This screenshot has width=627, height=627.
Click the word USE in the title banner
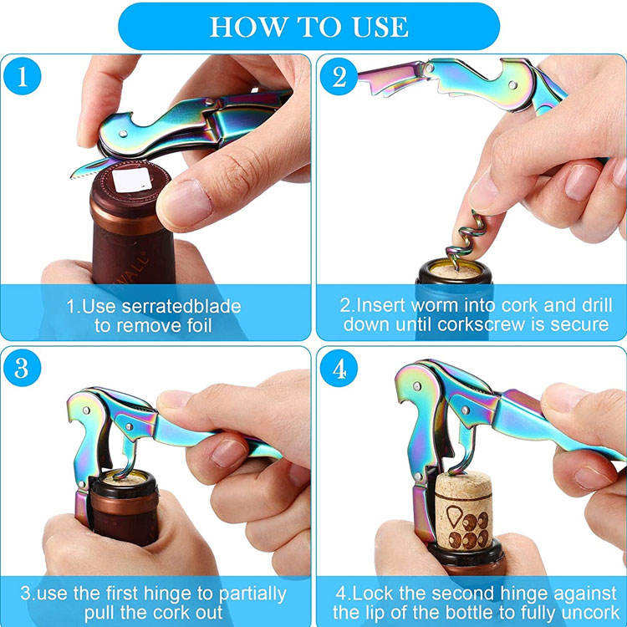coord(380,27)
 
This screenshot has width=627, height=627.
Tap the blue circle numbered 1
coord(22,76)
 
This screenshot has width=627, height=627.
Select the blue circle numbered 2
coord(339,76)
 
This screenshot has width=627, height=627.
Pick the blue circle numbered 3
coord(22,368)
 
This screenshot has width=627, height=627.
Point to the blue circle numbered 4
coord(339,368)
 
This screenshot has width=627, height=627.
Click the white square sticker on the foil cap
coord(132,180)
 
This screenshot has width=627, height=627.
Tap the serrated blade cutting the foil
coord(91,169)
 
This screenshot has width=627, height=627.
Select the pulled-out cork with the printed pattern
coord(464,512)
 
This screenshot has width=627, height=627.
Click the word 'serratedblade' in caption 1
coord(181,307)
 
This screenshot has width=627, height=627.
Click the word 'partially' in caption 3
coord(252,594)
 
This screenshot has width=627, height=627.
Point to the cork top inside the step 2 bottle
coord(456,272)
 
